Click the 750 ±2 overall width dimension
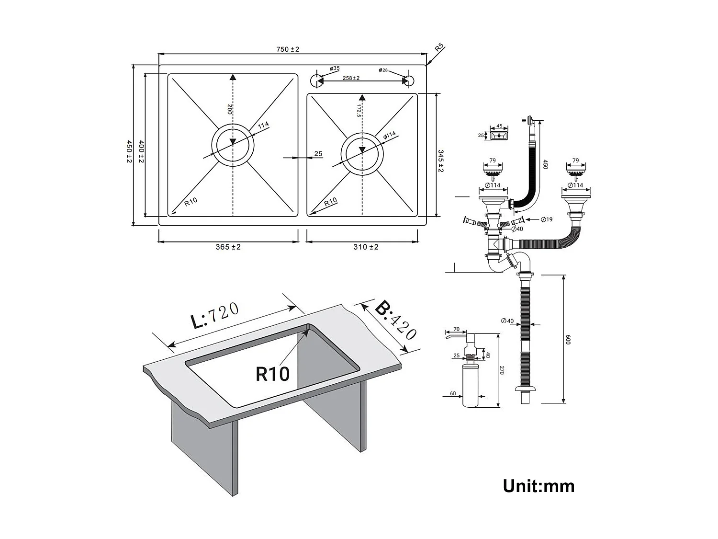[x=287, y=49]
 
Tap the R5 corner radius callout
[x=439, y=48]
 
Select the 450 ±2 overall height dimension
[x=128, y=151]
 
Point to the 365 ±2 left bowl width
[x=228, y=247]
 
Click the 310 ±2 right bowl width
[x=366, y=247]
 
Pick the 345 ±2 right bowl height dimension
[x=441, y=161]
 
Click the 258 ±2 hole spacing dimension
[x=350, y=78]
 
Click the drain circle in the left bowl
[x=233, y=145]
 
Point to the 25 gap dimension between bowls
[x=318, y=154]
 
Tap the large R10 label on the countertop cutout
[x=272, y=374]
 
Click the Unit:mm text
[x=538, y=486]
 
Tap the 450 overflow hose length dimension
[x=545, y=163]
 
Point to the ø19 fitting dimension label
[x=546, y=219]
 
